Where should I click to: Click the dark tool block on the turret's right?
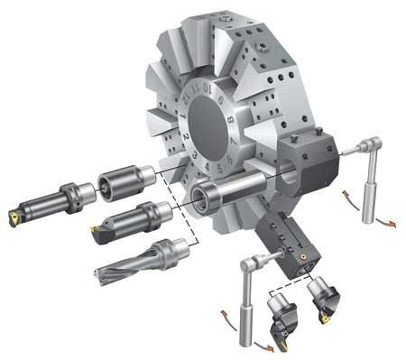pos(305,162)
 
